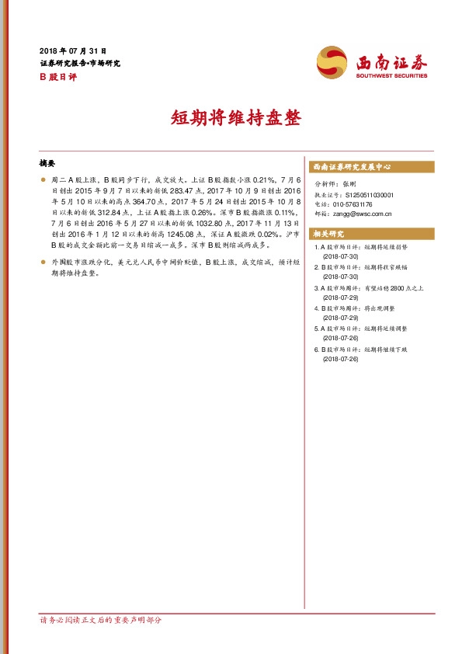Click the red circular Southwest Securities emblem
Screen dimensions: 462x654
click(332, 61)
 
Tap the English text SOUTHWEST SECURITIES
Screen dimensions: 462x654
click(391, 76)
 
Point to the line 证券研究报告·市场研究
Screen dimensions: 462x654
click(80, 63)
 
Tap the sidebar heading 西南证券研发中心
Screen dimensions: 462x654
click(351, 167)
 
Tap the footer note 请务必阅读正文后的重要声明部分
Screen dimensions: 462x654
click(100, 621)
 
